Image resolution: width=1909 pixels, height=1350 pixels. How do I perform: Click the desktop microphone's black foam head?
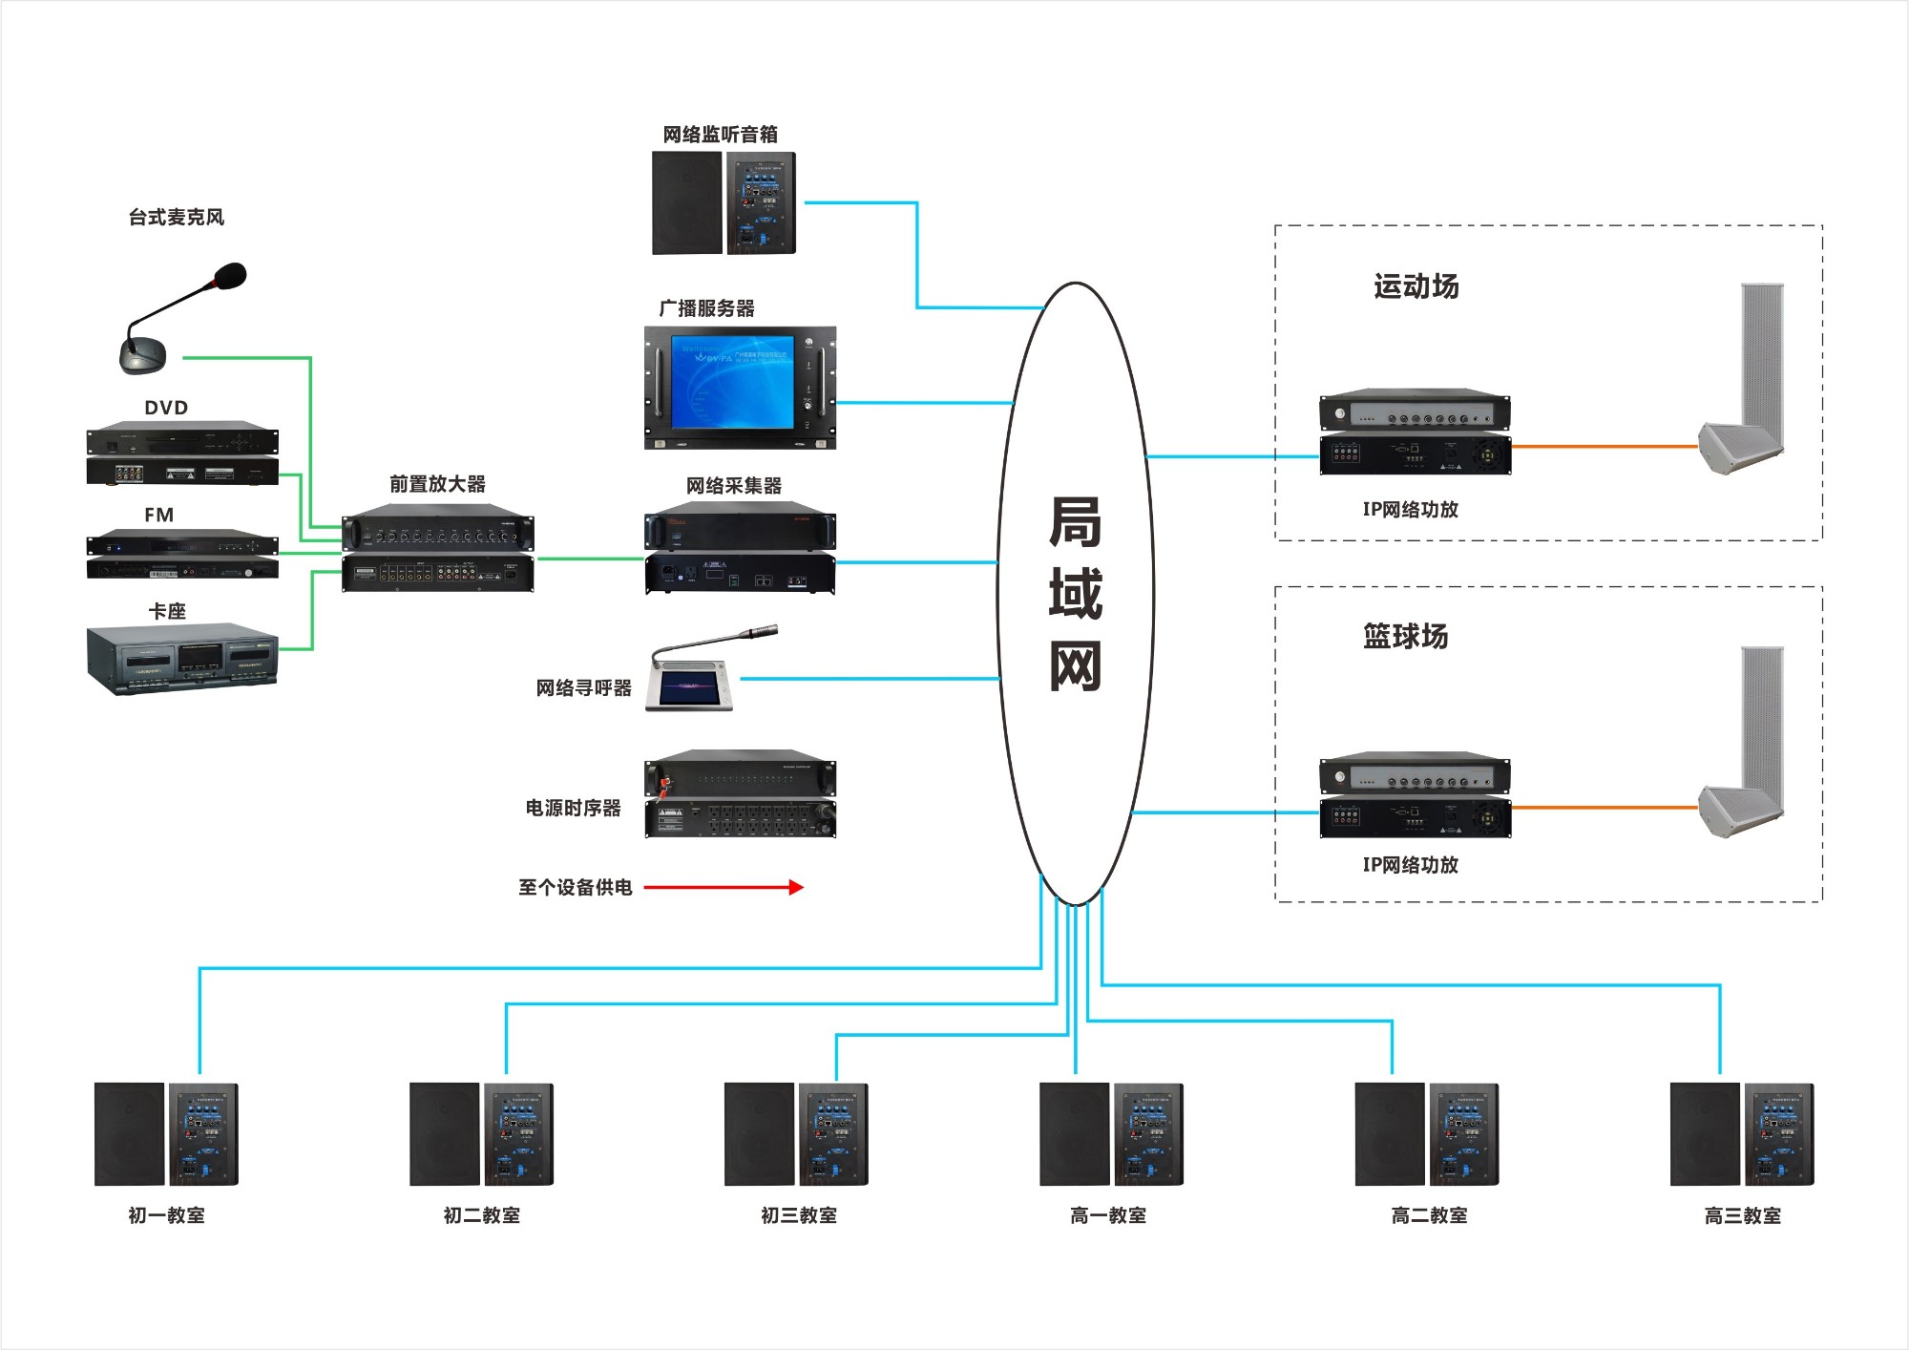coord(230,276)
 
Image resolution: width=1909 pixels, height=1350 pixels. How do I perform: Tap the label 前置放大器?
coord(437,484)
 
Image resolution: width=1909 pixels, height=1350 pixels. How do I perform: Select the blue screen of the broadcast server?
coord(732,381)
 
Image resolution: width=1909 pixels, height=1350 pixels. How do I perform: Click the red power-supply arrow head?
coord(796,887)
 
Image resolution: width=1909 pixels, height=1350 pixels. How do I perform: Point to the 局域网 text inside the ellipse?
coord(1076,594)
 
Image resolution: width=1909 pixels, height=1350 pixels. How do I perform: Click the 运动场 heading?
coord(1416,286)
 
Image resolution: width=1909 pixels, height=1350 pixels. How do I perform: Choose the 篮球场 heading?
coord(1405,636)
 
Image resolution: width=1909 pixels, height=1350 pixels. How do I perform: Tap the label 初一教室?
coord(167,1215)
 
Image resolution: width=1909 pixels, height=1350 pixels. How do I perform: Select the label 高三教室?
coord(1742,1215)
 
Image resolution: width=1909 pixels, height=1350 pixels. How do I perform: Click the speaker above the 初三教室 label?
coord(796,1134)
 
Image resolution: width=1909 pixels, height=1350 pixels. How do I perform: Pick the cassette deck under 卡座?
coord(182,659)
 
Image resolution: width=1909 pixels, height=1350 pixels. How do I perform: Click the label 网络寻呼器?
coord(583,688)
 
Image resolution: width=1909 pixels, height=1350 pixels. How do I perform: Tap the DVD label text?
coord(166,408)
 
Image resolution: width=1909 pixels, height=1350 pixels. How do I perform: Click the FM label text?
coord(159,515)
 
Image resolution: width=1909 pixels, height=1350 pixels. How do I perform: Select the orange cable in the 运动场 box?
coord(1604,446)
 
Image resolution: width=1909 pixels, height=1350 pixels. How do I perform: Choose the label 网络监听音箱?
coord(721,135)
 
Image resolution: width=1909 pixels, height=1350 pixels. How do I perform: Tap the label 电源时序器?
coord(573,808)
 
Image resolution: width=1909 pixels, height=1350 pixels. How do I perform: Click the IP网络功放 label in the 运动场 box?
coord(1410,510)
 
